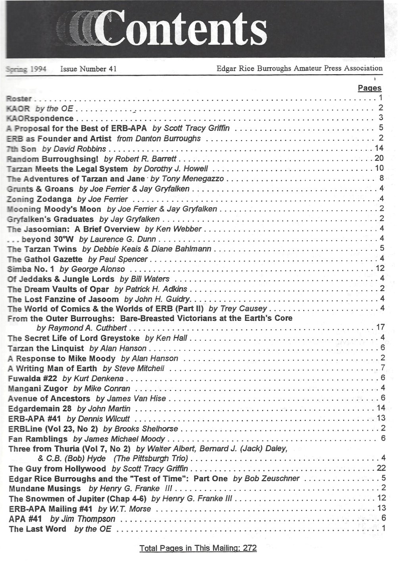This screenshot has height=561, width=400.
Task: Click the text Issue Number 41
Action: point(88,69)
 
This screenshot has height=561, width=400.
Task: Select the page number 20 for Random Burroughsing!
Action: point(379,158)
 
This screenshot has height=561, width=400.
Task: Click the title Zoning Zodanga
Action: point(40,199)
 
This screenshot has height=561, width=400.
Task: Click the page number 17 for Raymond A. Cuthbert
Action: point(380,327)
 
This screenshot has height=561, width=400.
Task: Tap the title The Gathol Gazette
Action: point(45,259)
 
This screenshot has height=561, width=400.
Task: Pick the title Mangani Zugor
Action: point(38,388)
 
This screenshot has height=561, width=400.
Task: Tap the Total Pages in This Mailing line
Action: point(198,548)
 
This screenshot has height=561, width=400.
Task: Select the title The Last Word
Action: point(37,529)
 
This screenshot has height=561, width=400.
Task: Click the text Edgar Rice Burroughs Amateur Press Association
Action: point(299,68)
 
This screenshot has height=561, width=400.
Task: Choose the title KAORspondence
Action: point(40,118)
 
